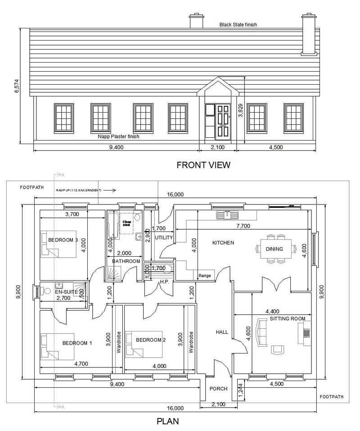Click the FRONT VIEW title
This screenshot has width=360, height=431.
point(203,165)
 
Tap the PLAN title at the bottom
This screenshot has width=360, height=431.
point(167,422)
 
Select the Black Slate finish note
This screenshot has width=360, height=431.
point(238,25)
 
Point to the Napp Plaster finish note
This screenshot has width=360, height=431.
point(118,136)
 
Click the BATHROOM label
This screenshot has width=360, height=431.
point(126,261)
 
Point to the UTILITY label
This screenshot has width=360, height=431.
point(163,237)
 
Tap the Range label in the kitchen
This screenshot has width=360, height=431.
point(205,276)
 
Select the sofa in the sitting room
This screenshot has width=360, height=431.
point(261,332)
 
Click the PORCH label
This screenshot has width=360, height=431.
point(219,389)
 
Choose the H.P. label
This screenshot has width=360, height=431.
point(164,282)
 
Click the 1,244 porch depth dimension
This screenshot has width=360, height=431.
point(240,390)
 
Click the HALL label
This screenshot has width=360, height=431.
point(222,332)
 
